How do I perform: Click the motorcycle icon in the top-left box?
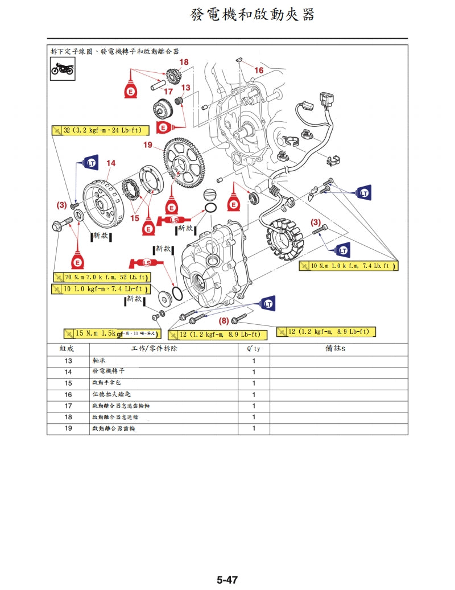pos(62,69)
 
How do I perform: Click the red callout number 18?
pos(184,62)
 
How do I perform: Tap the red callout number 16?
pos(259,70)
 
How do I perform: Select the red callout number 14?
pos(110,163)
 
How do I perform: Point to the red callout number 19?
pos(148,146)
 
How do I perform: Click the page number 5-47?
pos(227,580)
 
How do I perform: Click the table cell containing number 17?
pos(68,406)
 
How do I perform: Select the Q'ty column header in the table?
pos(254,348)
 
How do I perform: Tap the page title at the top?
pos(253,15)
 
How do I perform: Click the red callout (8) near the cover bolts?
pos(224,320)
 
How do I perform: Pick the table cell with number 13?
pos(68,361)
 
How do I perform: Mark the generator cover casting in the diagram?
pos(213,262)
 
